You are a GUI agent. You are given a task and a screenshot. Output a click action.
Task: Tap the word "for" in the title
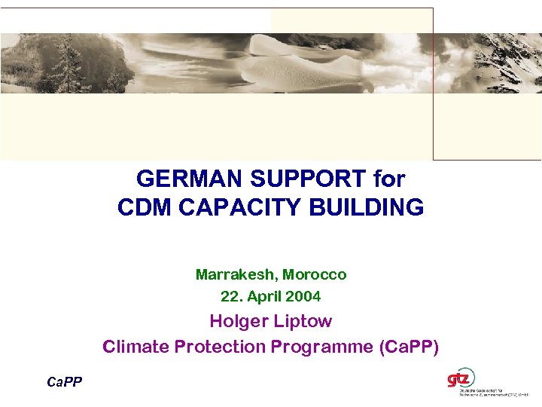[x=389, y=179]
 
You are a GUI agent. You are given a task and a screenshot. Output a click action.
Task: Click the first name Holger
[x=236, y=321]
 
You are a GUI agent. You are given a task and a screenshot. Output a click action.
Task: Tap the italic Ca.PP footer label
[x=65, y=382]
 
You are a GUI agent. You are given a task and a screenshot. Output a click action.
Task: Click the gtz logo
[x=461, y=377]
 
